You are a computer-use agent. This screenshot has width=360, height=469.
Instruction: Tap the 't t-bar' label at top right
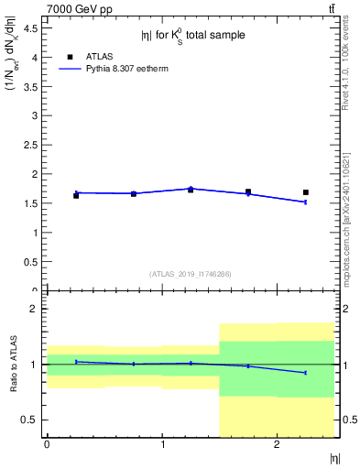331,8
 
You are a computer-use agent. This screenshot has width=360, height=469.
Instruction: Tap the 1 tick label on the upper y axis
37,233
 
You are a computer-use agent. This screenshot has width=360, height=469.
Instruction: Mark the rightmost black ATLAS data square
305,192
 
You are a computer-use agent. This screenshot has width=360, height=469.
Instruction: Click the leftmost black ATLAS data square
76,195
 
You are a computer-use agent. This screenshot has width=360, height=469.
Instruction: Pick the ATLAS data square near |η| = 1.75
248,191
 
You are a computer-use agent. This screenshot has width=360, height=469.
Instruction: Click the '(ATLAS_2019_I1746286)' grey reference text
190,274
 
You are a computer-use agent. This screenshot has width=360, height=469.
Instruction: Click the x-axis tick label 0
47,445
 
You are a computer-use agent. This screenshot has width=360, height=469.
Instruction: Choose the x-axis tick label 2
277,445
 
